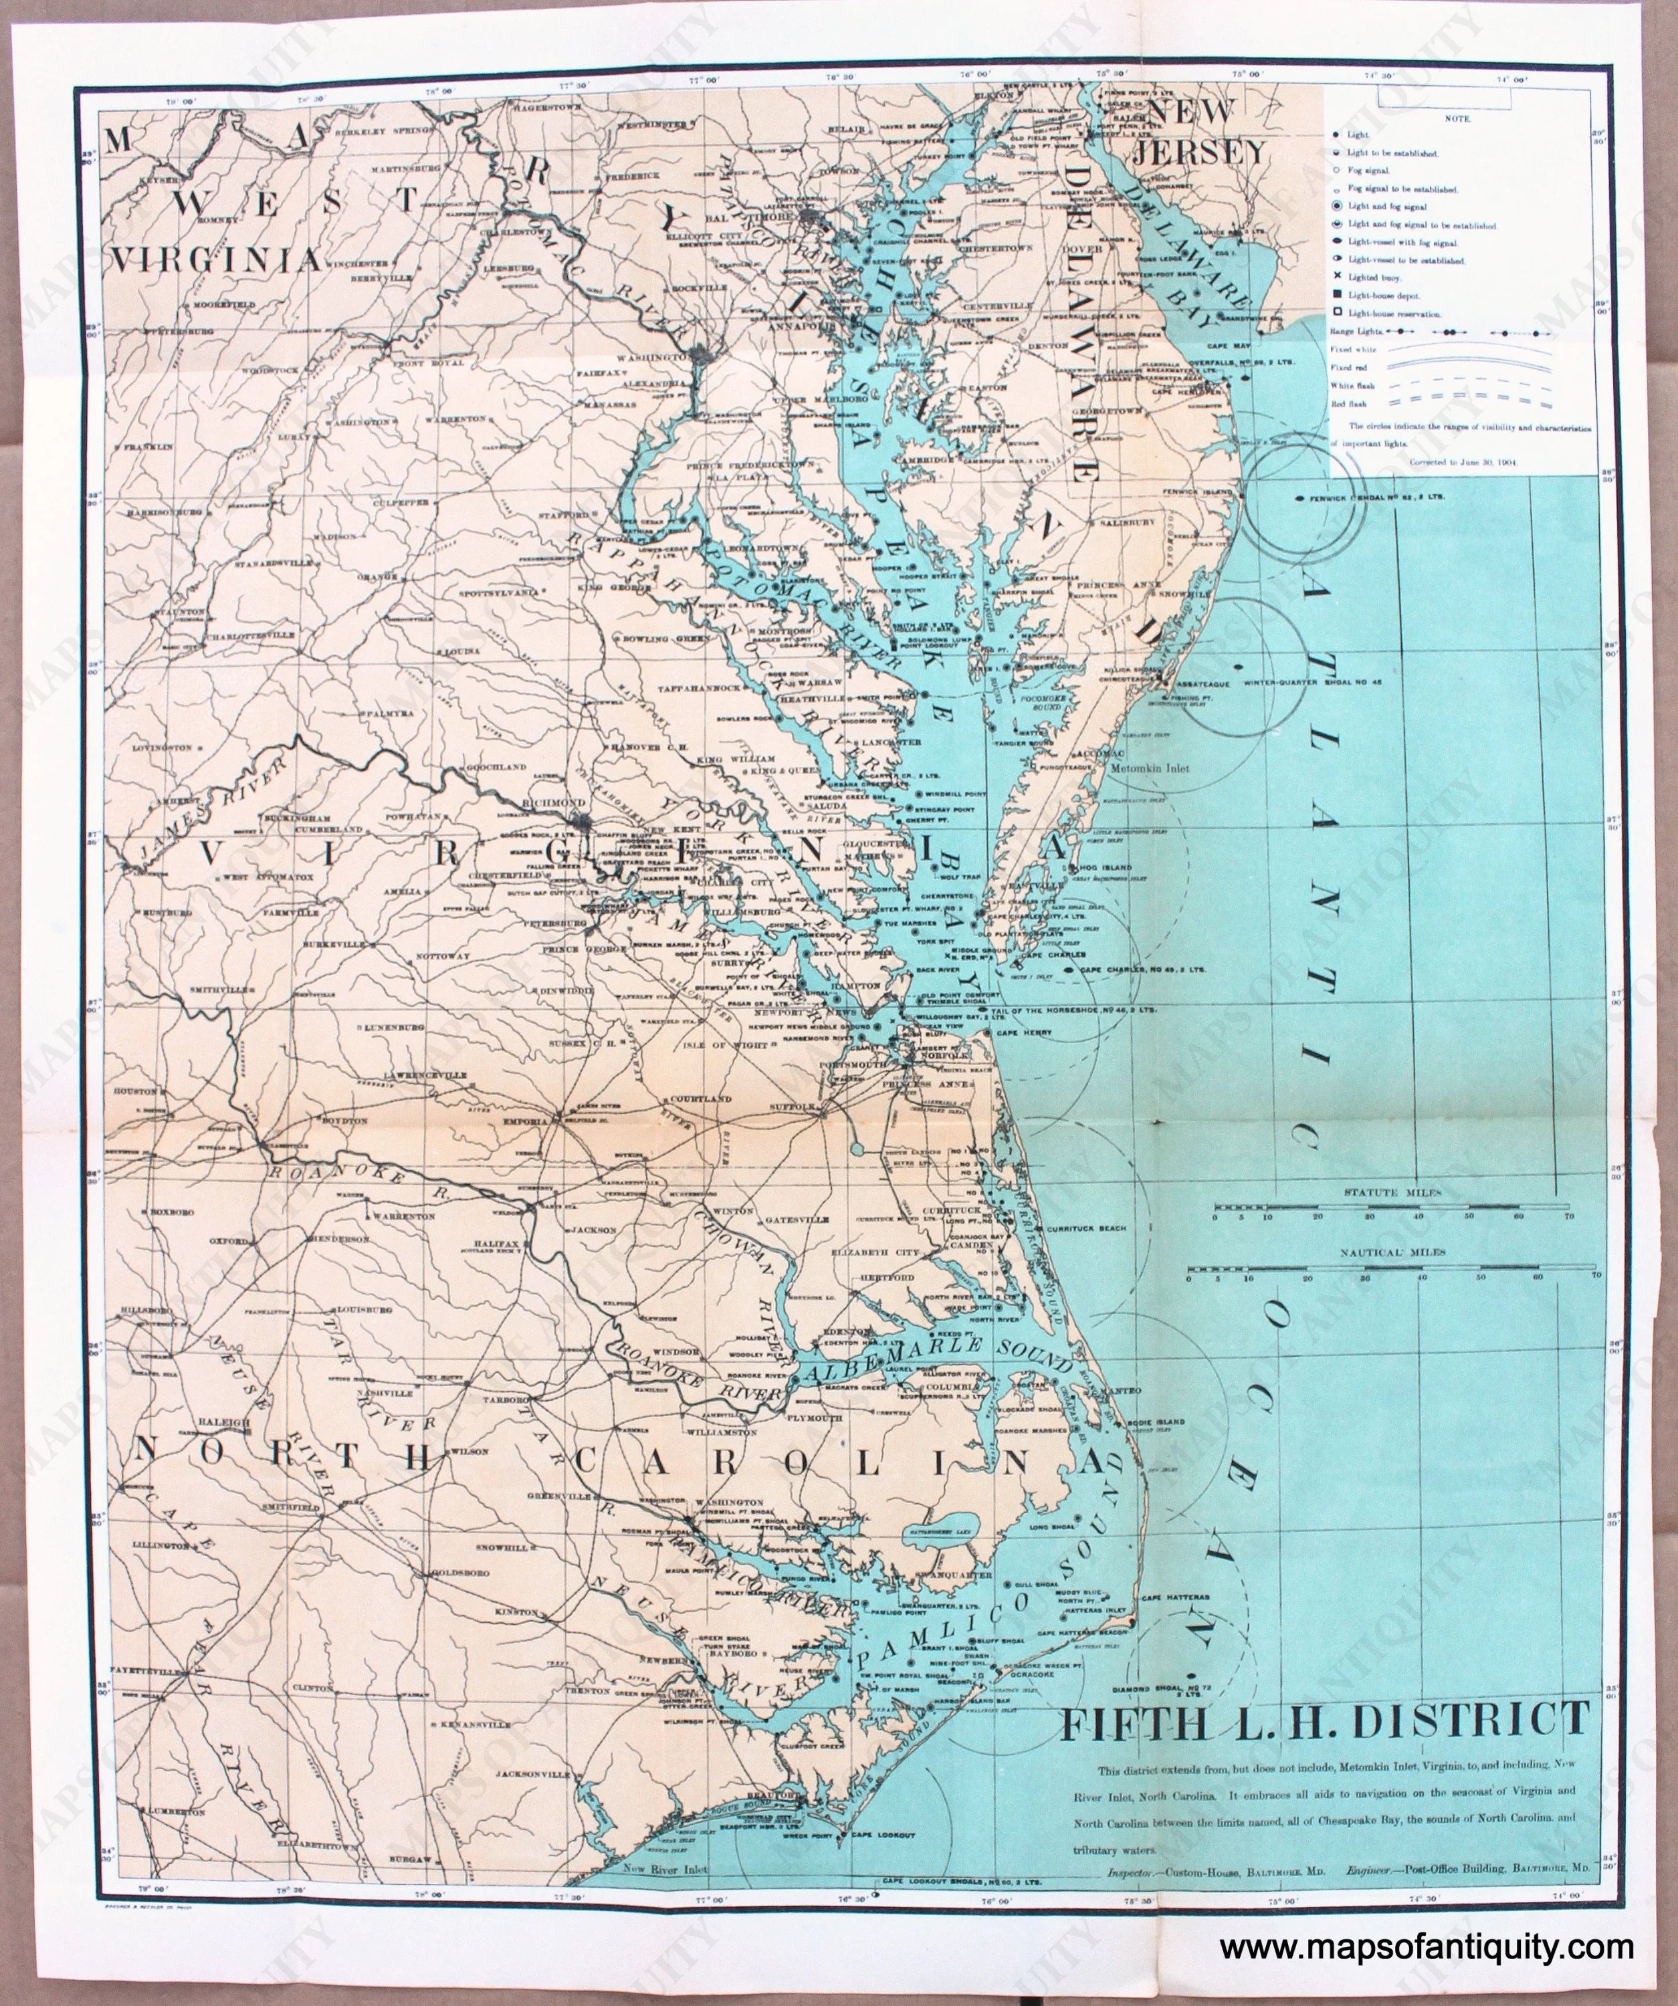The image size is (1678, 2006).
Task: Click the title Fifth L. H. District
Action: pos(1324,1721)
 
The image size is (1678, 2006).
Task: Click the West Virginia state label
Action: pos(227,230)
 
